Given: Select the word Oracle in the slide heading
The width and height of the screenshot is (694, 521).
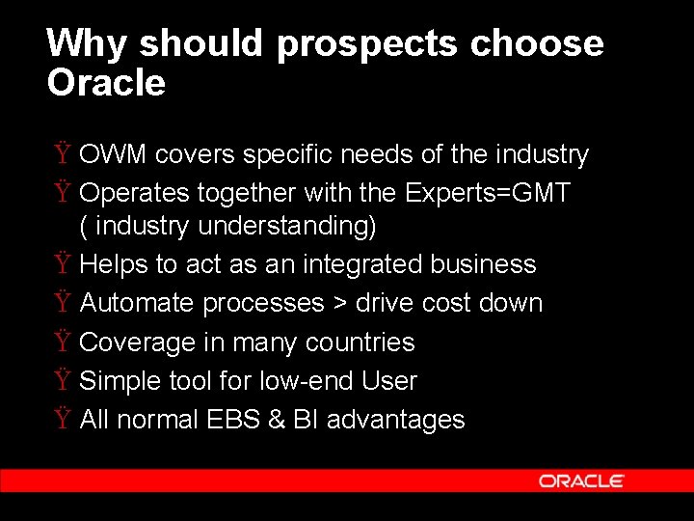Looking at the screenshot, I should click(x=106, y=83).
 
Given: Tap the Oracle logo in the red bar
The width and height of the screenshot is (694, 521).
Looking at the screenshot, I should click(x=581, y=480).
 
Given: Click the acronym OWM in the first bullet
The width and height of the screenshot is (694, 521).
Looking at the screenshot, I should click(x=114, y=154).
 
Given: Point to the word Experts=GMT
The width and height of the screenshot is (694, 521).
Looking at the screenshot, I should click(x=488, y=194).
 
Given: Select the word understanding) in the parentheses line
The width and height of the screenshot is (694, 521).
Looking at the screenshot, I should click(x=287, y=227).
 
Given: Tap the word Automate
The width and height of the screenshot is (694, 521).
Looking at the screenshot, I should click(x=137, y=303).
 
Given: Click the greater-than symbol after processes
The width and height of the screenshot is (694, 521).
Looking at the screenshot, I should click(x=339, y=304).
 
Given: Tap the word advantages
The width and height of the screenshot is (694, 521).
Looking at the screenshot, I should click(x=396, y=421).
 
